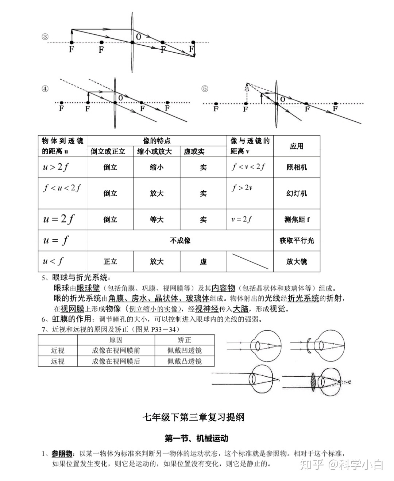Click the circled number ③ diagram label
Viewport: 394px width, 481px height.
pos(45,37)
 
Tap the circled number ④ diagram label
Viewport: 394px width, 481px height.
pos(45,89)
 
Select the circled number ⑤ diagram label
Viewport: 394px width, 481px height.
pos(205,88)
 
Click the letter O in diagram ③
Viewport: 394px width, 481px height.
pos(139,37)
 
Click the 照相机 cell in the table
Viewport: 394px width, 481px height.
pos(297,167)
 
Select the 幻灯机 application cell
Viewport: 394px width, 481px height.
pos(297,193)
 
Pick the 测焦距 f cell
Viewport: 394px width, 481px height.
pos(297,220)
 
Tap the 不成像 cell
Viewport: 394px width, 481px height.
pos(180,240)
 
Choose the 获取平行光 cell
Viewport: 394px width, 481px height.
pos(297,240)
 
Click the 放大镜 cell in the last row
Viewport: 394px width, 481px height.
pos(297,261)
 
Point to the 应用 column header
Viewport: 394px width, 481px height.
pos(297,146)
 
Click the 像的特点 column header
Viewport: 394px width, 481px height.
pos(157,141)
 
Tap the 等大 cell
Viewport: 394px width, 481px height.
pos(157,220)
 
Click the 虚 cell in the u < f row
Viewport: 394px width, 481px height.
pos(203,261)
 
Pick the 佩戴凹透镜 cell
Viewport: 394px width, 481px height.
pos(185,351)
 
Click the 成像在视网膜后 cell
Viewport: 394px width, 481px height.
pos(116,361)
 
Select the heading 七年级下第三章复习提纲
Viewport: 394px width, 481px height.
pos(193,417)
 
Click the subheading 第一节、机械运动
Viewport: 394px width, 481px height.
pos(196,438)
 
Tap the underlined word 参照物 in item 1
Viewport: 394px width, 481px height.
pos(62,454)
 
